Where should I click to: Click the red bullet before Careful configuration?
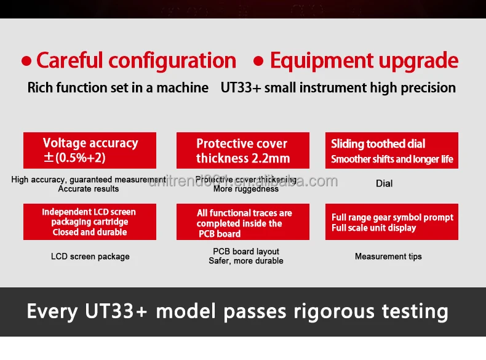(26, 62)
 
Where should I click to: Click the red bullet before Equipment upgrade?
(259, 62)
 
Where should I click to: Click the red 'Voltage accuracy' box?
(90, 150)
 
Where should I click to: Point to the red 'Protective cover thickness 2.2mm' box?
(242, 151)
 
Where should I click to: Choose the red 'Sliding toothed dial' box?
(391, 151)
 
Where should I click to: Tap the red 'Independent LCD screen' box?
(90, 222)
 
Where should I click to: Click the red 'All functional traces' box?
(242, 222)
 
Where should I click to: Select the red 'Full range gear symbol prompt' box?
(391, 222)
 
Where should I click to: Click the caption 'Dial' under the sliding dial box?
(384, 183)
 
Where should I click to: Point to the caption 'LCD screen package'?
(90, 256)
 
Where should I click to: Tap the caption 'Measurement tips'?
(388, 256)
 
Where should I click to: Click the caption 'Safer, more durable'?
(246, 261)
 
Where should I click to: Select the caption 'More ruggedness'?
(246, 189)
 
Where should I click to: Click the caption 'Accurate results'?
(89, 189)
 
